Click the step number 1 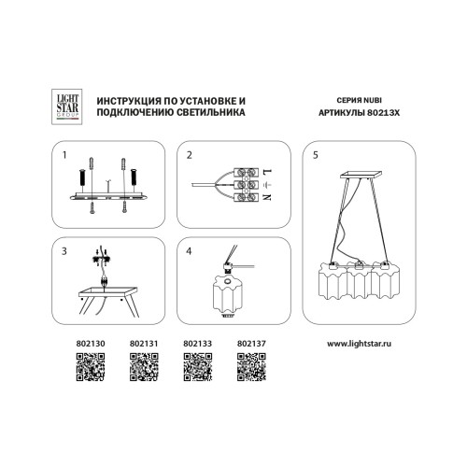[x=64, y=154]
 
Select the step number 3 [x=64, y=251]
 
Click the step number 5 [x=316, y=154]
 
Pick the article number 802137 [x=251, y=343]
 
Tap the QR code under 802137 [x=251, y=370]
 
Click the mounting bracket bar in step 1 [x=112, y=197]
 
